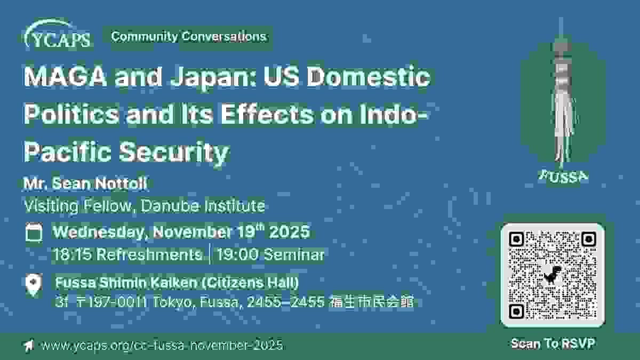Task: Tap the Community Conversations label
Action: (189, 37)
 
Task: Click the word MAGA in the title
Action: (66, 77)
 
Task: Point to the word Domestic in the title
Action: (369, 77)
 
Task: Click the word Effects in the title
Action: (267, 114)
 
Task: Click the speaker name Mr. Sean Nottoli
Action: (85, 183)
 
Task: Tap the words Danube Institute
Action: (203, 206)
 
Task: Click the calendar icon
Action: (34, 233)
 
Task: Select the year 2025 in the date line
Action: (289, 231)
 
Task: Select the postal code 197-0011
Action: (118, 302)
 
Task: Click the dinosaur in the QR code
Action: (553, 275)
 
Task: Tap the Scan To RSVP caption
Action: (553, 343)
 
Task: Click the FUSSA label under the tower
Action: (563, 177)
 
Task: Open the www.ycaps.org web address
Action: (162, 345)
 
